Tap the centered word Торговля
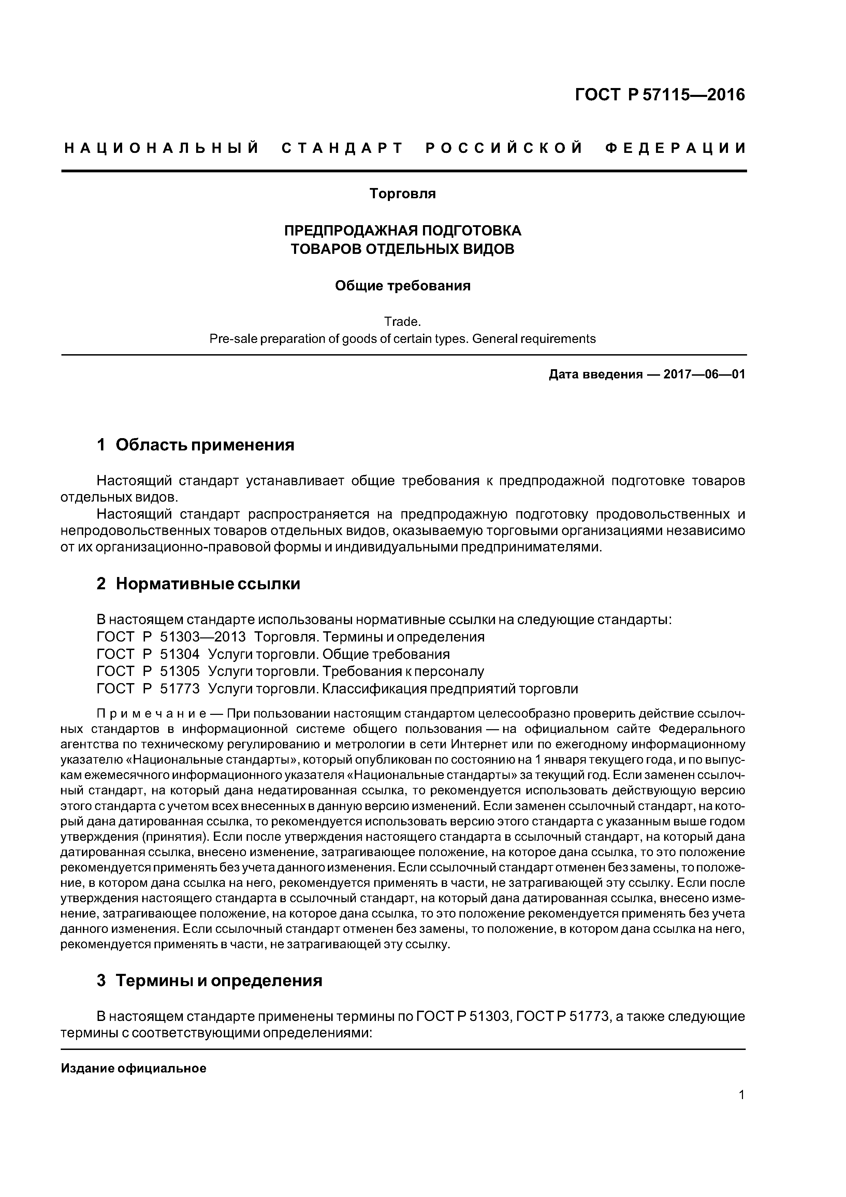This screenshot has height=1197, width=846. tap(403, 194)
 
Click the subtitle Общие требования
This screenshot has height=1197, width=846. tap(403, 286)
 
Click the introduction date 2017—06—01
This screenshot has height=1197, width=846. tap(704, 374)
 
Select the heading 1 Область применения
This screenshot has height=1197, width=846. tap(195, 445)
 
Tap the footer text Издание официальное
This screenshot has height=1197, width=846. tap(133, 1069)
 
